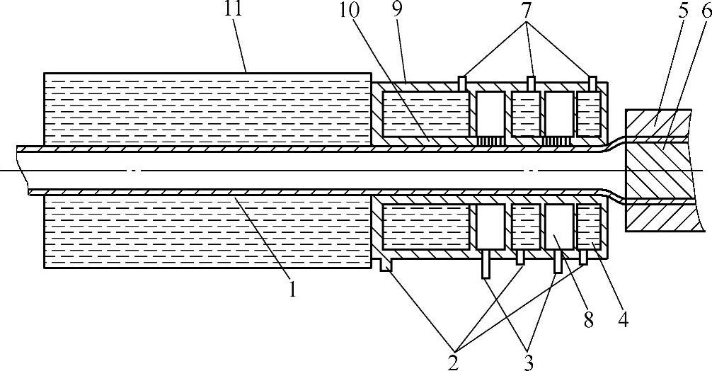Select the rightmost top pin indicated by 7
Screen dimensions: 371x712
(x=592, y=82)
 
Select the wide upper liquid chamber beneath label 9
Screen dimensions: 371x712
(x=425, y=114)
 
